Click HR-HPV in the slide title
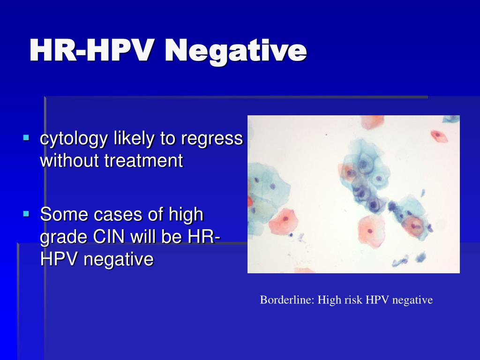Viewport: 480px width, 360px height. click(x=91, y=50)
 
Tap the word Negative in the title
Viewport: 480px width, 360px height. click(x=236, y=52)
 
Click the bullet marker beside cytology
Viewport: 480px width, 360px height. click(x=26, y=137)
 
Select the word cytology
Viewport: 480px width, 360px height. click(x=74, y=139)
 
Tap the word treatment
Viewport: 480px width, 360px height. click(x=144, y=161)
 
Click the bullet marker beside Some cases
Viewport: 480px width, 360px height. click(x=26, y=213)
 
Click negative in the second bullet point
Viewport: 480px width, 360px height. click(x=119, y=260)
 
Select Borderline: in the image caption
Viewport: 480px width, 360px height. click(x=287, y=300)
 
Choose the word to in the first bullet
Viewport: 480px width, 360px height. click(x=167, y=139)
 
